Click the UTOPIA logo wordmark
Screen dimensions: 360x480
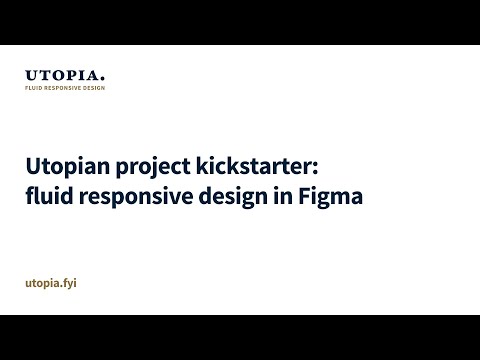pyautogui.click(x=64, y=75)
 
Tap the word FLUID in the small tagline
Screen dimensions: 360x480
pyautogui.click(x=32, y=88)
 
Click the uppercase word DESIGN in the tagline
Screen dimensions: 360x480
pyautogui.click(x=92, y=88)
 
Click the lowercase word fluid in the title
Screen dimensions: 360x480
pyautogui.click(x=47, y=196)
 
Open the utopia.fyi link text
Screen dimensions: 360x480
pyautogui.click(x=51, y=284)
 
